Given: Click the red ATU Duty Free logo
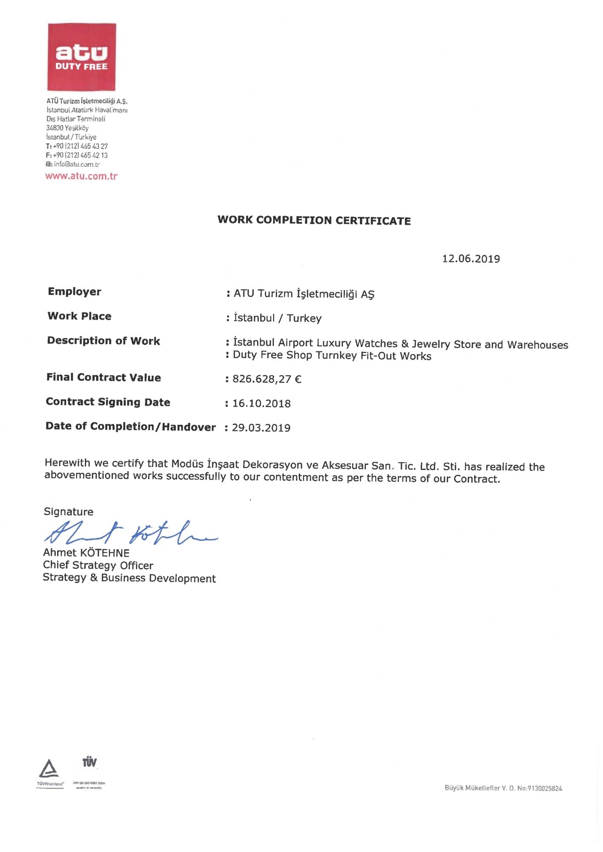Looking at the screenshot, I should coord(81,57).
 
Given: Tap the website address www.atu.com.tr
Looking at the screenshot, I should coord(81,176).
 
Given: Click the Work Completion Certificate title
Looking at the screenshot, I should coord(314,220).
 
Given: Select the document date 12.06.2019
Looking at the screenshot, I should coord(471,259).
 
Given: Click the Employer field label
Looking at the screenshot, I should coord(75,292).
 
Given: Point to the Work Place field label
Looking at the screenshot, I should coord(79,316).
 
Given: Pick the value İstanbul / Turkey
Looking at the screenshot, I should coord(277,318).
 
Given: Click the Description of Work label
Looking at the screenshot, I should coord(104,341).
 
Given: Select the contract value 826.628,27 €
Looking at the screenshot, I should coord(267,379).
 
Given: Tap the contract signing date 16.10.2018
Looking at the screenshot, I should coord(261,403).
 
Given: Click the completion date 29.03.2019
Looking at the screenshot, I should coord(261,428).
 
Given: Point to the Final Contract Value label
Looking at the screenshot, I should coord(104,377).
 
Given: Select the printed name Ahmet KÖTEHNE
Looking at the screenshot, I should coord(86,553).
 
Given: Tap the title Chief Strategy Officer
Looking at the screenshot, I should coord(98,565).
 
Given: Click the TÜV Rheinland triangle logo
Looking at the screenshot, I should coord(49,769).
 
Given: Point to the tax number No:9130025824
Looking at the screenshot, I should coord(539,789).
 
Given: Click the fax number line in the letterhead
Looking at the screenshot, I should coord(77,155).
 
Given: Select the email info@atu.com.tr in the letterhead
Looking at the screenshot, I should coord(73,164).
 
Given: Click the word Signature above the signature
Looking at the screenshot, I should coord(69,512).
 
